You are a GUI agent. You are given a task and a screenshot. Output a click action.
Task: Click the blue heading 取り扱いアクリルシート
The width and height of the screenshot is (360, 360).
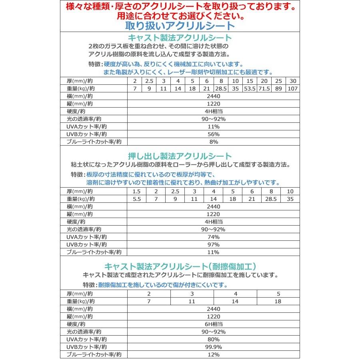(x=179, y=26)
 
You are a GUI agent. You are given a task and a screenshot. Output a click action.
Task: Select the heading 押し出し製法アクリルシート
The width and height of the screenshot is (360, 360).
(x=179, y=156)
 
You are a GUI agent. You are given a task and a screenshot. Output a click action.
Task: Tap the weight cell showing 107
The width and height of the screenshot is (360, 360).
(x=293, y=88)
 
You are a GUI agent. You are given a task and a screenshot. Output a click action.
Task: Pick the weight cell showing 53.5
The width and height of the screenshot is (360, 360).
(x=251, y=88)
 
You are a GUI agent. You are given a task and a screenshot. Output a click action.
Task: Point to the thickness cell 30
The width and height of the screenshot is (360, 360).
(x=293, y=80)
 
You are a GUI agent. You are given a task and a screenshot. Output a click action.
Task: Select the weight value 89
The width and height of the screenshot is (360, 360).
(x=279, y=88)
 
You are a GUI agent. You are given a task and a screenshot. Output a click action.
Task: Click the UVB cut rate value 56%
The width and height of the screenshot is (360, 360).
(x=214, y=134)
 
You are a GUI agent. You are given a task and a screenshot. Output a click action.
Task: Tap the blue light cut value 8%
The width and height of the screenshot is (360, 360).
(x=214, y=142)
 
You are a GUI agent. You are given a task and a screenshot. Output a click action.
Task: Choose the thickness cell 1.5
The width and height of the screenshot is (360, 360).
(x=136, y=191)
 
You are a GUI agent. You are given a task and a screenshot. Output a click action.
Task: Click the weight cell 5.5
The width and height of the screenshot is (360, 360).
(x=136, y=199)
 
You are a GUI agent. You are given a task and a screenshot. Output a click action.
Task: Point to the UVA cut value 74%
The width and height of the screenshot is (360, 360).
(x=214, y=237)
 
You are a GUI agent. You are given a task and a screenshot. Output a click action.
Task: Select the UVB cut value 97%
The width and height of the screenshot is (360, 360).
(x=214, y=244)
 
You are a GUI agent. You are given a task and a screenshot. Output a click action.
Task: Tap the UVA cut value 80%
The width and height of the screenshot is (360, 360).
(x=214, y=339)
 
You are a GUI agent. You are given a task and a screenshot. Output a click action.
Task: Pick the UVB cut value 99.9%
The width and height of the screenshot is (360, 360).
(x=214, y=347)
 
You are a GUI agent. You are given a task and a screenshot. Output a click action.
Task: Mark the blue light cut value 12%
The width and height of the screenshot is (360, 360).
(x=214, y=354)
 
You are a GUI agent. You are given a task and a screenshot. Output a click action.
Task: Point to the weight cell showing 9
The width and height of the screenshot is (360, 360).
(x=149, y=88)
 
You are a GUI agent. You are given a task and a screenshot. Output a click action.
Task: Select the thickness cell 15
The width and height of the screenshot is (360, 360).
(x=251, y=80)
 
